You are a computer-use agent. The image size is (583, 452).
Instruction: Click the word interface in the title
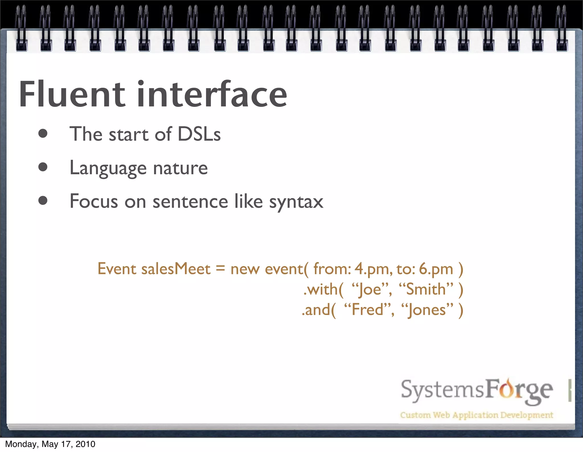(212, 95)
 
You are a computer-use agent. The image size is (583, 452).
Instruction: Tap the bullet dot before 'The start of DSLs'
(43, 134)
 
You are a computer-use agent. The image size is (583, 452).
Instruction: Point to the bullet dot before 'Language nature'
(43, 167)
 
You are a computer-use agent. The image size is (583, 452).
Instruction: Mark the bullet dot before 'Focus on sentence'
(43, 201)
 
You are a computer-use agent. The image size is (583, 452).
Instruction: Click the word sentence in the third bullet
(190, 202)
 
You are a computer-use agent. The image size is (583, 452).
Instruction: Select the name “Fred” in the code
(368, 310)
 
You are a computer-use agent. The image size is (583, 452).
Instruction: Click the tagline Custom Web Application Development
(476, 415)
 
